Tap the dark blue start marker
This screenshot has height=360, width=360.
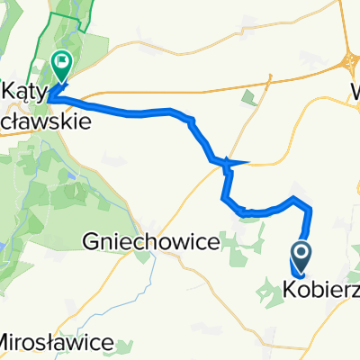coord(301,254)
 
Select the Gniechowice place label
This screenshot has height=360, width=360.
coord(151,242)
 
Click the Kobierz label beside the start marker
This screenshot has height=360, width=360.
coord(321,289)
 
